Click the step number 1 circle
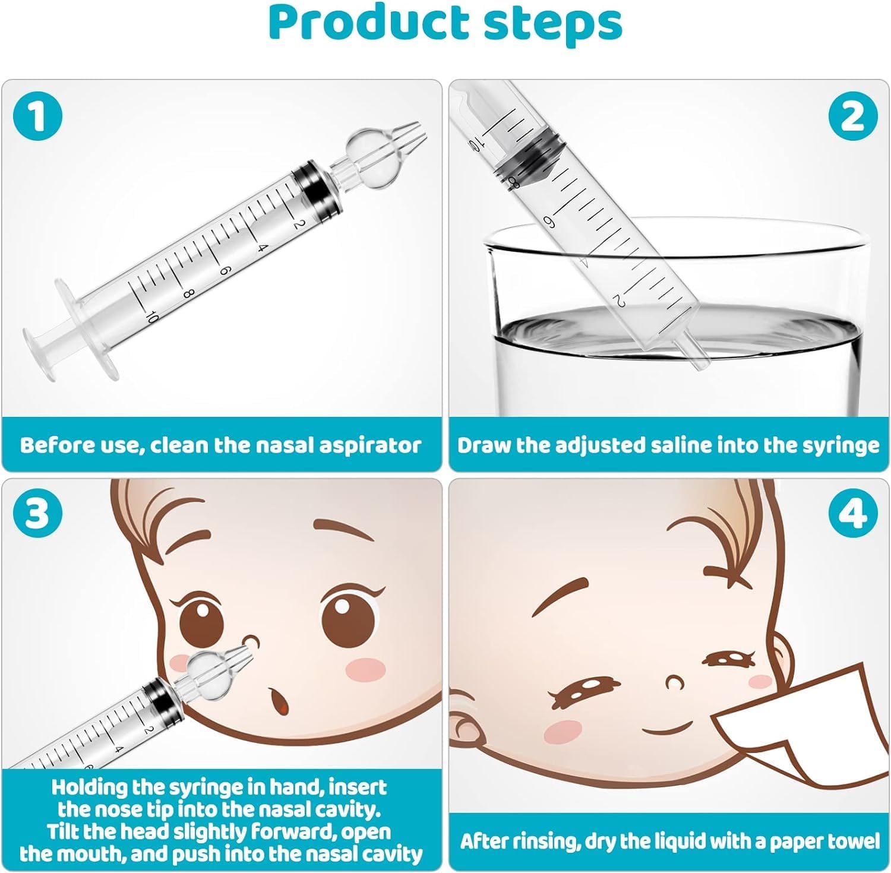click(37, 115)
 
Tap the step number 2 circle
click(853, 115)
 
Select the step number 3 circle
click(37, 513)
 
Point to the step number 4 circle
click(853, 513)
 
